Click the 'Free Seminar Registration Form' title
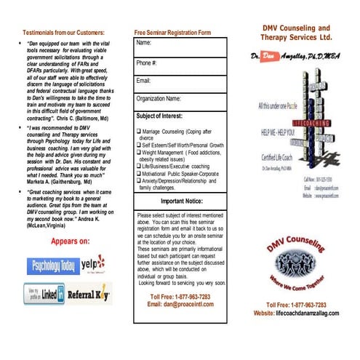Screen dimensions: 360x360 pos(172,33)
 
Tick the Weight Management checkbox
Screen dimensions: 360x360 pos(138,153)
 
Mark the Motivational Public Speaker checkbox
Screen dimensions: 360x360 pos(138,175)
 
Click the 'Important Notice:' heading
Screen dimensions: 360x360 pos(181,200)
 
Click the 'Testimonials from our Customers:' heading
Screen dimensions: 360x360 pos(63,33)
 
